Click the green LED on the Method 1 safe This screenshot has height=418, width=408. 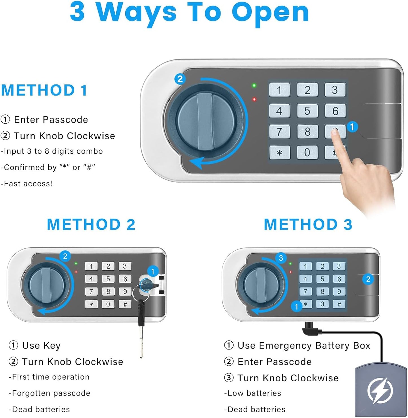tap(254, 85)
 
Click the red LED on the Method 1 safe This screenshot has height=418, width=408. tap(254, 99)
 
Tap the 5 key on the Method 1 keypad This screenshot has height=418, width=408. tap(307, 111)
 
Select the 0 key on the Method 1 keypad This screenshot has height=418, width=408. tap(307, 152)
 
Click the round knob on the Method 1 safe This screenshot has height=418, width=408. tap(205, 122)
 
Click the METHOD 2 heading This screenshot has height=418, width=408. tap(91, 225)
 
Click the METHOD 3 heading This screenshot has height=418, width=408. tap(308, 225)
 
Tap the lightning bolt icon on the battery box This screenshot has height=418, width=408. tap(380, 391)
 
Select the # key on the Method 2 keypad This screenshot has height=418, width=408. tap(125, 304)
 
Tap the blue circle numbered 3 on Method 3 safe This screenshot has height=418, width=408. tap(281, 258)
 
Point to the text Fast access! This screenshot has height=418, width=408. tap(28, 184)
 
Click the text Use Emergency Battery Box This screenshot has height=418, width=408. tap(304, 346)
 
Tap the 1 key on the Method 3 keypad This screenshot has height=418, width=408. tap(305, 266)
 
